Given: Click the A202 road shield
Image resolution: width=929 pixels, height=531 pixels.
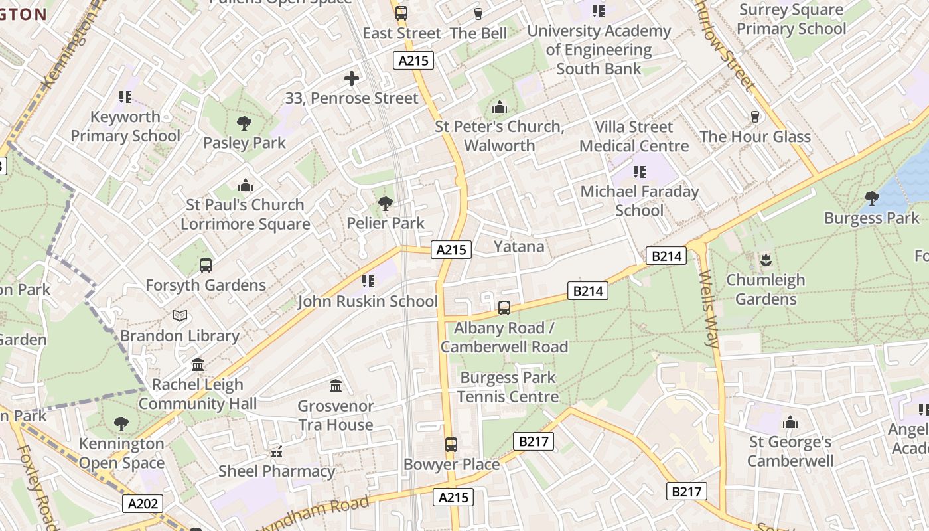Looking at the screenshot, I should [x=143, y=504].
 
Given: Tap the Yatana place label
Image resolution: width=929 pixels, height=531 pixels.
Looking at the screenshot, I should [x=519, y=246].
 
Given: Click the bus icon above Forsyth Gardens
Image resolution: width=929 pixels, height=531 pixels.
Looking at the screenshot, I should [x=206, y=265].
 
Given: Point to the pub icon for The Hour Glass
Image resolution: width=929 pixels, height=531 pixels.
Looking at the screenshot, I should [x=754, y=117].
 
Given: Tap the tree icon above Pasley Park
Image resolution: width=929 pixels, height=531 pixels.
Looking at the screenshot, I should [x=244, y=123].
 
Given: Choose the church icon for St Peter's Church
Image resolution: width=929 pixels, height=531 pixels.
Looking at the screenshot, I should [x=499, y=107].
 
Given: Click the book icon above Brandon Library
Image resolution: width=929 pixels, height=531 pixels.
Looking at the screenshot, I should [x=180, y=316].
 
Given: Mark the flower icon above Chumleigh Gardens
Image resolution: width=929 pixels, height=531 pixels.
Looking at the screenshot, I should [x=766, y=260].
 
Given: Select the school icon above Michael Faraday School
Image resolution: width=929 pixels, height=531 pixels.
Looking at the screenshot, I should [x=640, y=172].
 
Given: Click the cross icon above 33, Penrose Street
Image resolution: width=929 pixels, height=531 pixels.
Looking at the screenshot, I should [x=352, y=78].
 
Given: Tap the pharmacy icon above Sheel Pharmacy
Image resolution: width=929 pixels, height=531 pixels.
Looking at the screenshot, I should [x=277, y=452].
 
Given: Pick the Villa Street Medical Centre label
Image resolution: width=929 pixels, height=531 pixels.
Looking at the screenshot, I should [x=634, y=136].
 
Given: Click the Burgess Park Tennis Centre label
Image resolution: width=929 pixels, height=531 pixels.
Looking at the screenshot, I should [x=508, y=387].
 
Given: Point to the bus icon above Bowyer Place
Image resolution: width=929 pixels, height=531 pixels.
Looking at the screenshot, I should [x=451, y=444].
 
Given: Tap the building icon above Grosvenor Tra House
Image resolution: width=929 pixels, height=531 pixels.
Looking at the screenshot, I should [x=336, y=386].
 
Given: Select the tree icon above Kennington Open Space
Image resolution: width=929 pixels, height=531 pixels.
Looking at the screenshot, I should [x=121, y=423].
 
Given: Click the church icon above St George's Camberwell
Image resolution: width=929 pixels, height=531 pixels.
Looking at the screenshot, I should [x=790, y=422].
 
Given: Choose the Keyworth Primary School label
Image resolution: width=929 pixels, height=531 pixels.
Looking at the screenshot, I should [x=125, y=126].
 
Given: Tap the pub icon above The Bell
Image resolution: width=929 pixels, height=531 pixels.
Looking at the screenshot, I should [x=478, y=14].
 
